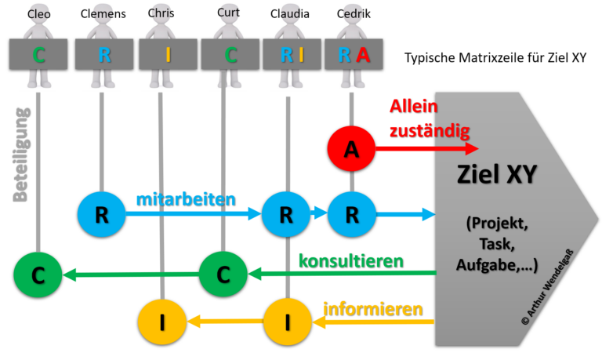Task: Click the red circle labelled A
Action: (351, 150)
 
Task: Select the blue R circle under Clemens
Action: (101, 214)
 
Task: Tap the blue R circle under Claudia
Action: (285, 214)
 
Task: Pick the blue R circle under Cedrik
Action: (351, 214)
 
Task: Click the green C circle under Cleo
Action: (38, 275)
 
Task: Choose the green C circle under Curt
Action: (223, 275)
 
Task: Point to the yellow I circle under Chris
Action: (161, 322)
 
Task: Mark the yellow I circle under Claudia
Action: (287, 322)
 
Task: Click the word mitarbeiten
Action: (185, 198)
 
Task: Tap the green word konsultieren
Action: (350, 260)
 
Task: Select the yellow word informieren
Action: (372, 307)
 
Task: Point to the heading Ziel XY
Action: (497, 174)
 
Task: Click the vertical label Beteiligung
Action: (20, 155)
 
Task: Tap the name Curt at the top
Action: (228, 12)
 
